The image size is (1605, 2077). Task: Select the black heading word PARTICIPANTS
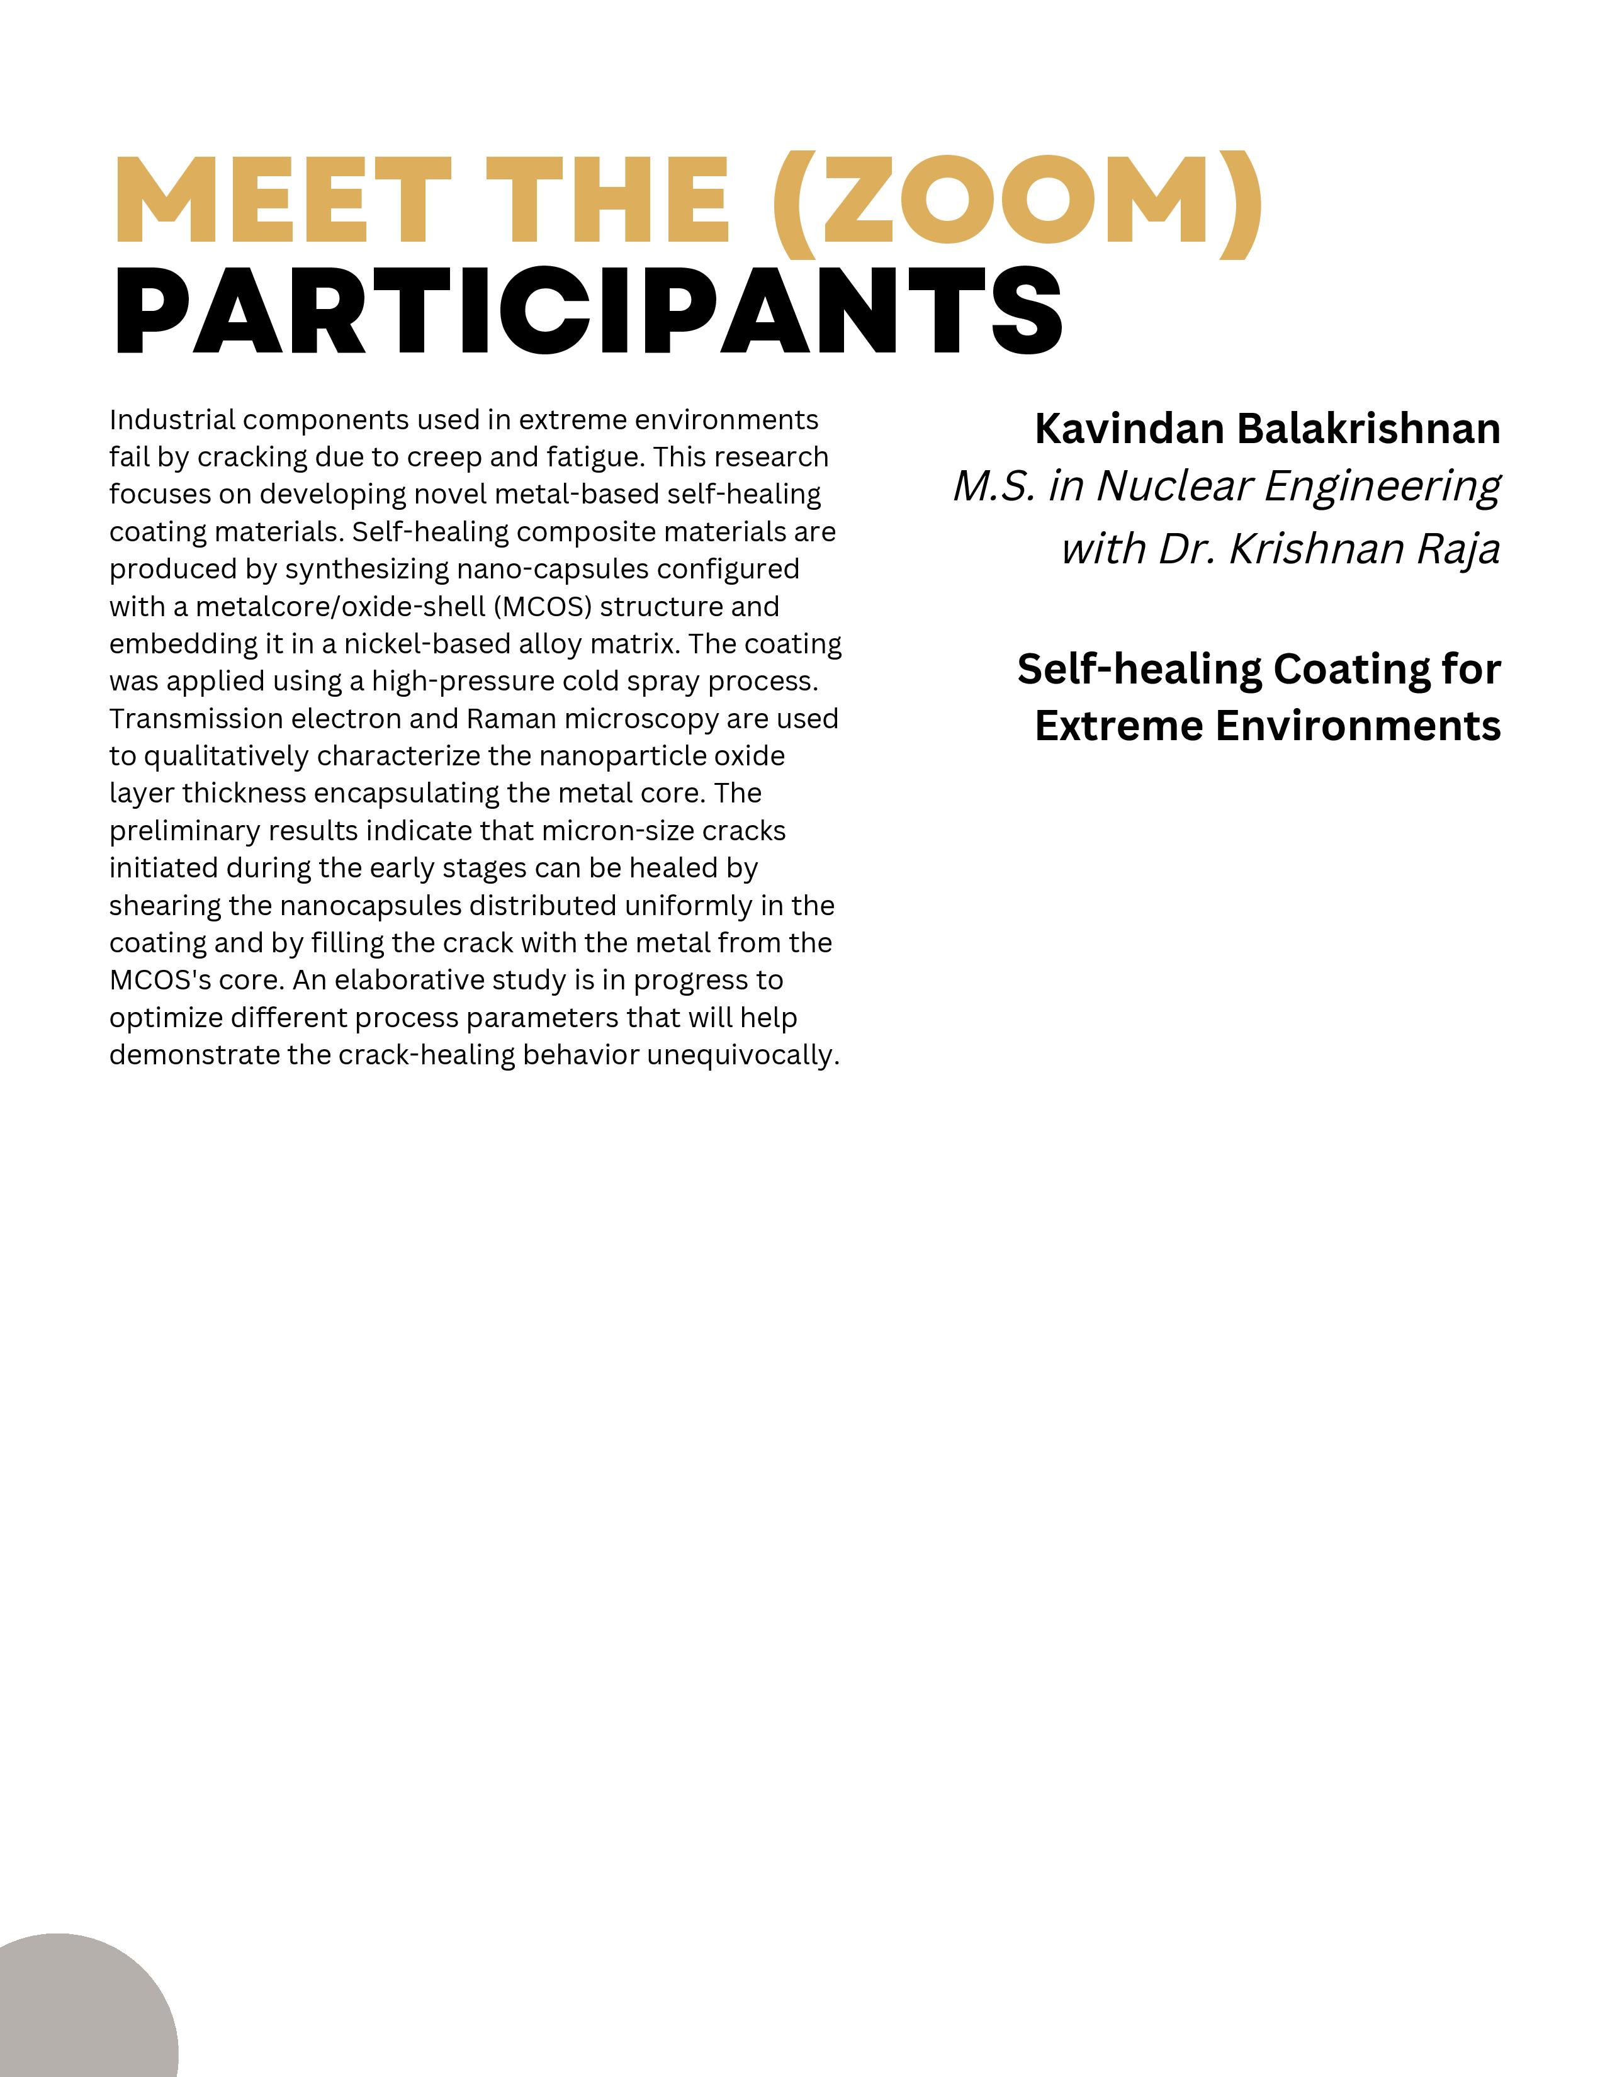tap(588, 310)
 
